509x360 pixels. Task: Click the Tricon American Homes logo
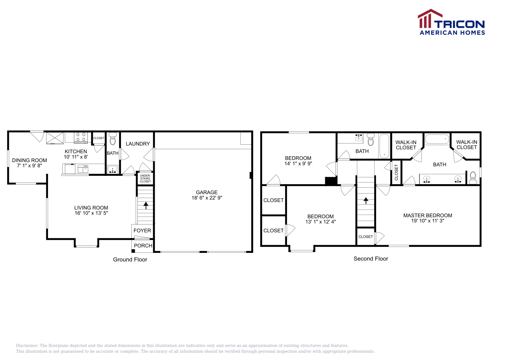[451, 22]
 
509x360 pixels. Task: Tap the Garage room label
[207, 192]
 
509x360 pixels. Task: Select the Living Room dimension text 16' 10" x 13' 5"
[91, 213]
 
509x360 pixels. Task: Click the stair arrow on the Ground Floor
[146, 205]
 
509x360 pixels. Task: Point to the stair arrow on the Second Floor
[366, 200]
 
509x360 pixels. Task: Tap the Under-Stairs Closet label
[145, 178]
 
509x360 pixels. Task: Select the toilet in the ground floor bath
[113, 139]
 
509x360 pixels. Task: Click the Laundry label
[138, 144]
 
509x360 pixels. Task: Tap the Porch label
[143, 246]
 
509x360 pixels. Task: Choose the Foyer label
[142, 231]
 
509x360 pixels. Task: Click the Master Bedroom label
[428, 215]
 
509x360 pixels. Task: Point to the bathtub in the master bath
[437, 139]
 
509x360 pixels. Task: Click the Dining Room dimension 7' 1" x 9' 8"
[30, 165]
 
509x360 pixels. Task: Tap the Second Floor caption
[371, 259]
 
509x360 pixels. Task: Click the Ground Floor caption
[130, 260]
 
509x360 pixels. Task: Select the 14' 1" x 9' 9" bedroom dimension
[298, 163]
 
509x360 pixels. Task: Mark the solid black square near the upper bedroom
[331, 181]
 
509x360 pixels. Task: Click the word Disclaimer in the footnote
[27, 345]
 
